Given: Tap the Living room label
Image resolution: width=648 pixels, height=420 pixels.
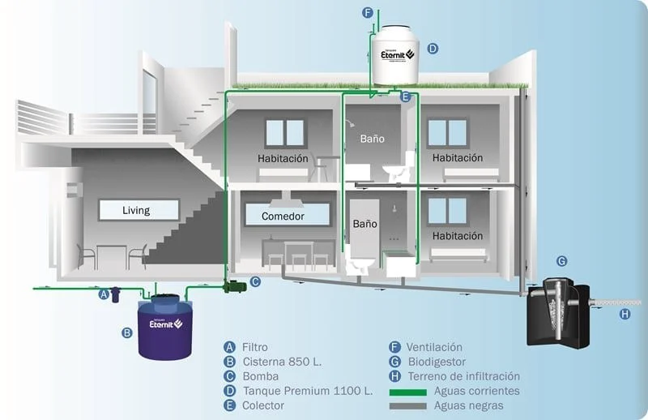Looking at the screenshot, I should click(x=136, y=211).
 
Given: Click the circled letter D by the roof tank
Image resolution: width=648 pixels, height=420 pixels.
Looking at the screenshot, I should click(x=433, y=49).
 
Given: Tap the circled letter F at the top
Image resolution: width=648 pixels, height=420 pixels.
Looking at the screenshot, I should click(x=367, y=13).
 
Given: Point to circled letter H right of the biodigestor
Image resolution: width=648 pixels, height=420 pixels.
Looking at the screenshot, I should click(x=625, y=314).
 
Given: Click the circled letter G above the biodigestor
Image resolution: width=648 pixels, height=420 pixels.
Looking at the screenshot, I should click(x=561, y=260).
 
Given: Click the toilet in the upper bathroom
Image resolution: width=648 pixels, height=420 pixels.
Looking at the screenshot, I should click(x=394, y=169).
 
